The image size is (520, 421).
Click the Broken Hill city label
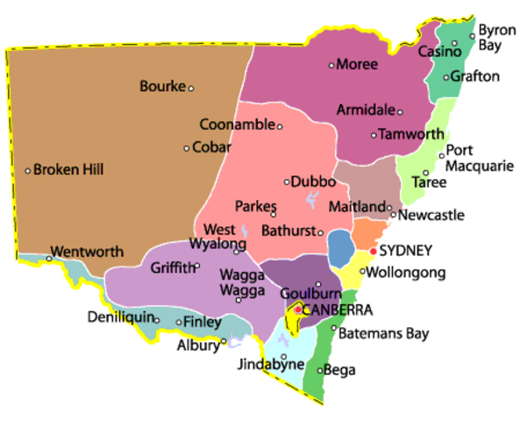pyautogui.click(x=68, y=169)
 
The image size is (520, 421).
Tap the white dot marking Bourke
pyautogui.click(x=191, y=88)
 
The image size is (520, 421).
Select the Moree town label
pyautogui.click(x=358, y=65)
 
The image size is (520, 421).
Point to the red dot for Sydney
pyautogui.click(x=374, y=252)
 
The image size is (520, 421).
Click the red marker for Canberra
pyautogui.click(x=298, y=310)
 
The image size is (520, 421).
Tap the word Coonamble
pyautogui.click(x=237, y=125)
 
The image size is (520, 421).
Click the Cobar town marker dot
pyautogui.click(x=187, y=147)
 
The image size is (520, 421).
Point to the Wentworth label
pyautogui.click(x=87, y=252)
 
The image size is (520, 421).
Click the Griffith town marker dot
pyautogui.click(x=197, y=267)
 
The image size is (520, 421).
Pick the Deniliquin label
pyautogui.click(x=121, y=316)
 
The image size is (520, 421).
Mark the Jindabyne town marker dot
pyautogui.click(x=283, y=357)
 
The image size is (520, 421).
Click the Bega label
pyautogui.click(x=340, y=370)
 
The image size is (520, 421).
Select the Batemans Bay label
pyautogui.click(x=384, y=333)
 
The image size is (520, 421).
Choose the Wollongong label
pyautogui.click(x=405, y=273)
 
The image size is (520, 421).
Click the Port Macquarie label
pyautogui.click(x=480, y=158)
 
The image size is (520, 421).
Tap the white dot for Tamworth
pyautogui.click(x=374, y=135)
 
